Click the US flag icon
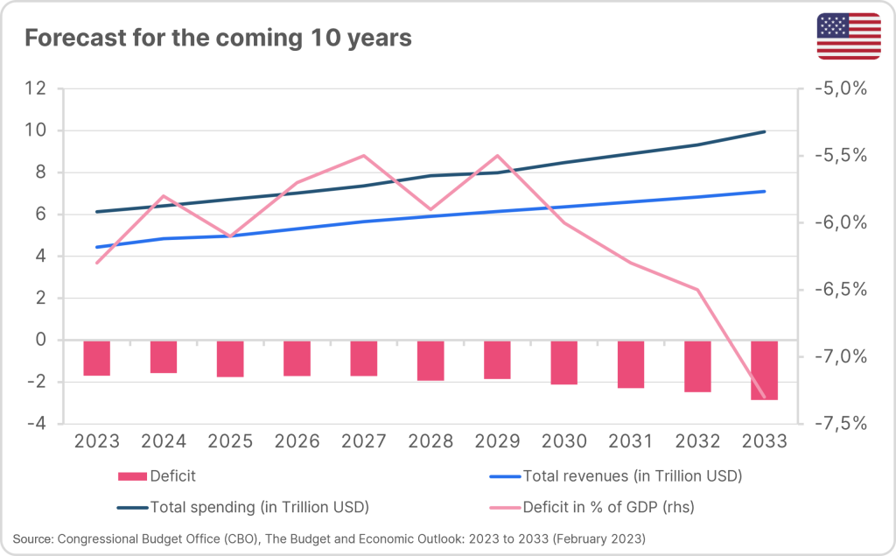848,37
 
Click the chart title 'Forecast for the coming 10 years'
218,39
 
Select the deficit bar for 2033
764,369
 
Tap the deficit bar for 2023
97,358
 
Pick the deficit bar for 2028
430,361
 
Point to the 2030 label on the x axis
563,441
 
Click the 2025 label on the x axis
230,441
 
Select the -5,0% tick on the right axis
839,88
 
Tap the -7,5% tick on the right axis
839,424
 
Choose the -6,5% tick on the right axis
839,290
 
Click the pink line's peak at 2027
363,156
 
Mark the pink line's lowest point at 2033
764,398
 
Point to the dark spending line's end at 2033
765,131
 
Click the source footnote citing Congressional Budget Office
329,537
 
